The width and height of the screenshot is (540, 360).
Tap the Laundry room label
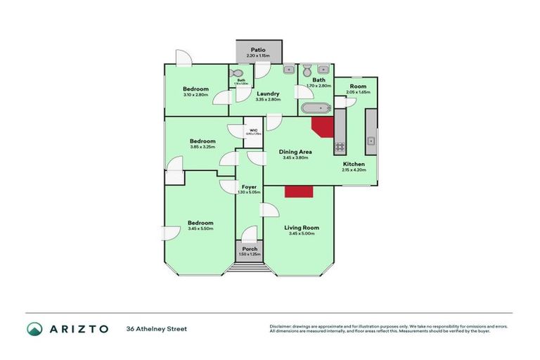[269, 94]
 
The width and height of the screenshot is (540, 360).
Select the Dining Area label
[295, 151]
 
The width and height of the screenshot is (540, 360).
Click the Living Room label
[302, 228]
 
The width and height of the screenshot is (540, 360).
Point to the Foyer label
[249, 186]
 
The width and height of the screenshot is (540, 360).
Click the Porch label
[250, 249]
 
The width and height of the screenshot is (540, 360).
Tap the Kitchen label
[353, 164]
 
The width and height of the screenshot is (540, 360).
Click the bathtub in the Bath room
[316, 109]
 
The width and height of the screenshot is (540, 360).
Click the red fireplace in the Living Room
[297, 192]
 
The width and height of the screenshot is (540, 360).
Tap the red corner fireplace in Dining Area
[323, 129]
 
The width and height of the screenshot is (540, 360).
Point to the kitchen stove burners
[339, 147]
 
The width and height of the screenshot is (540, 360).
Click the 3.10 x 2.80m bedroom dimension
[195, 94]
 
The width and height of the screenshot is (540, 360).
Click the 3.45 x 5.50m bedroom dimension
[200, 229]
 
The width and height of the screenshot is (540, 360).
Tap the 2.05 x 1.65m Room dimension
[358, 92]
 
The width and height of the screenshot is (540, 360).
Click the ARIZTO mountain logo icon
[34, 328]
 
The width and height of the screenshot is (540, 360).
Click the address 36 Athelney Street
[157, 328]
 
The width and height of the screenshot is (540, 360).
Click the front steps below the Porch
[250, 267]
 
